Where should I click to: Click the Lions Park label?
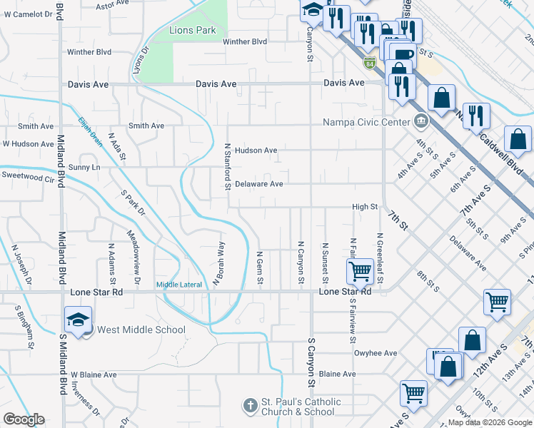tap(193, 30)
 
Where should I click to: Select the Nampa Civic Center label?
tap(367, 122)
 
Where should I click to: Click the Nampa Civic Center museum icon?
tap(421, 121)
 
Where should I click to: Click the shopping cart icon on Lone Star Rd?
tap(359, 270)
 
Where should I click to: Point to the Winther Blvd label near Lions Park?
tap(245, 41)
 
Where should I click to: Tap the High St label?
tap(365, 207)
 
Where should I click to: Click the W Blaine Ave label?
tap(93, 374)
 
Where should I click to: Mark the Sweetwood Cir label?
tap(28, 175)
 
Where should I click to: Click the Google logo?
tap(24, 419)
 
